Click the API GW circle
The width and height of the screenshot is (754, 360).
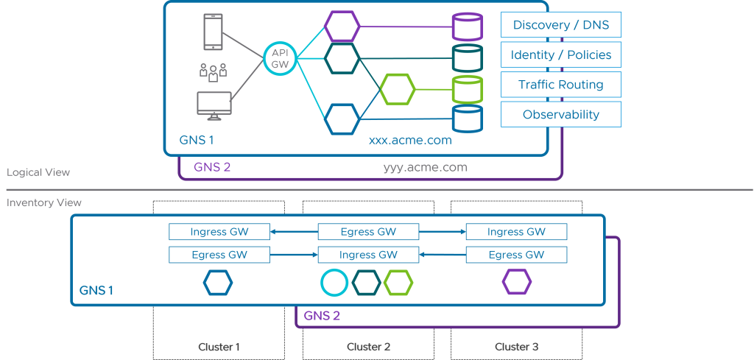[281, 58]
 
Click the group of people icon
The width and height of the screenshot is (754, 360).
[214, 71]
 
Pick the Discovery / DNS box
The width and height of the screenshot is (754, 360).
[561, 25]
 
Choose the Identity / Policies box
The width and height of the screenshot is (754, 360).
[561, 54]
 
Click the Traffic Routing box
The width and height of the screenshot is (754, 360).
[561, 85]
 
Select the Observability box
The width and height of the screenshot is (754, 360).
[561, 114]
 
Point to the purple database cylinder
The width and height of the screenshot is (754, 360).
[467, 28]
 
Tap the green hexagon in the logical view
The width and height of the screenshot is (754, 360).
[398, 89]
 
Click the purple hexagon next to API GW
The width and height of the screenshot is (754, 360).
[342, 27]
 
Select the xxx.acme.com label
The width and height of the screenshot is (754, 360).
[410, 140]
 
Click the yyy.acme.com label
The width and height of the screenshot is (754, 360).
[425, 167]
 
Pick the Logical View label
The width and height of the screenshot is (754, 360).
[38, 172]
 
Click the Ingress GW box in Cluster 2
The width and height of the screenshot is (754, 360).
[368, 255]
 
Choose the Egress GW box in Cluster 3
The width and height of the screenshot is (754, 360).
[516, 255]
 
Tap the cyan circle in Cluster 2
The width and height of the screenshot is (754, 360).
[334, 282]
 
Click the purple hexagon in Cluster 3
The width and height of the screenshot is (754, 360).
[517, 282]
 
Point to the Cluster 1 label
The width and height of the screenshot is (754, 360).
[219, 347]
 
